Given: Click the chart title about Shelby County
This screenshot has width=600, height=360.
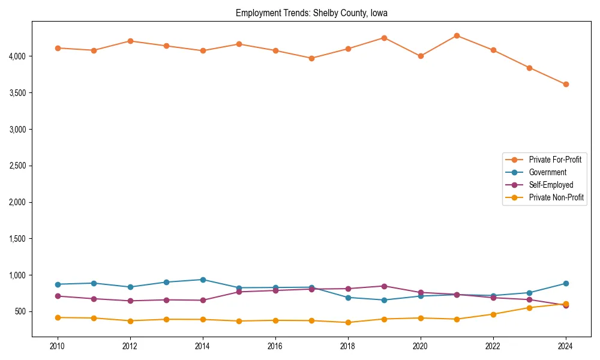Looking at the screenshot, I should click(311, 13).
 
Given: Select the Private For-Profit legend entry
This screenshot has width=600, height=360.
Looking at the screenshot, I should click(555, 160).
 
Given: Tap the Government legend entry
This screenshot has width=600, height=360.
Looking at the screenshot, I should click(547, 172).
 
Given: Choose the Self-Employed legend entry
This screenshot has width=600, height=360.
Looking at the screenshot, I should click(551, 185).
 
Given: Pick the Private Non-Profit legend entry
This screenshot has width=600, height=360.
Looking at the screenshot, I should click(556, 197).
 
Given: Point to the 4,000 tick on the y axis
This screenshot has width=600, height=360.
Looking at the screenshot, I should click(16, 56).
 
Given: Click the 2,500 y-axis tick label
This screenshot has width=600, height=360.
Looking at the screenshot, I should click(16, 166).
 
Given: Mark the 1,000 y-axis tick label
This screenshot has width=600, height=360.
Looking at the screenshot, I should click(16, 275).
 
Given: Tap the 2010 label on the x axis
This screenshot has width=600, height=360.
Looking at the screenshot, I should click(58, 347).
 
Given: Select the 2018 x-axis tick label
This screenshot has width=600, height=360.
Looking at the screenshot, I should click(348, 347).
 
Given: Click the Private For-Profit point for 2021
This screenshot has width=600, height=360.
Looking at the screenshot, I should click(457, 35).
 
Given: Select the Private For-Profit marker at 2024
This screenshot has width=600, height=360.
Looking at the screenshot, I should click(566, 84).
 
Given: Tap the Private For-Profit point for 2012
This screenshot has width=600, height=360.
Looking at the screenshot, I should click(130, 41).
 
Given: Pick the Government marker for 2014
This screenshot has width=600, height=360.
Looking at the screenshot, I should click(203, 280).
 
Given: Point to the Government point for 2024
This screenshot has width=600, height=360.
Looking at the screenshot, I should click(566, 283).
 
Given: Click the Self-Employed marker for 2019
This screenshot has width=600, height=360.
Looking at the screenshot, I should click(384, 286).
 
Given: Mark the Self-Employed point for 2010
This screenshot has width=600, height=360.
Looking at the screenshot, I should click(58, 296).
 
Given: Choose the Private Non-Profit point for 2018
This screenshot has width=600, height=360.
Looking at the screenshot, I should click(348, 322).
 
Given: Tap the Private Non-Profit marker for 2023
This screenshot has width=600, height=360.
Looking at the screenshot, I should click(529, 308).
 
